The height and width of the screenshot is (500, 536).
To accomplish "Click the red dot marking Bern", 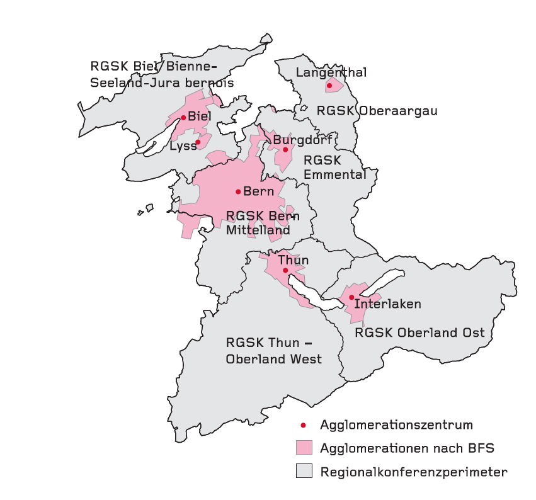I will click(238, 191).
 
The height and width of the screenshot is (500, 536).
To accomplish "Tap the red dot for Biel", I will click(183, 117).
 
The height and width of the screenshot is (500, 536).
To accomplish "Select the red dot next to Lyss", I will click(198, 142).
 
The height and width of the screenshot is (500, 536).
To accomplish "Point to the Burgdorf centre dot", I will click(285, 149).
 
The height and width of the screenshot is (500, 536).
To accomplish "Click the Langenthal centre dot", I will click(329, 86).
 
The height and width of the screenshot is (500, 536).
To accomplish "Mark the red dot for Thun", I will click(285, 270).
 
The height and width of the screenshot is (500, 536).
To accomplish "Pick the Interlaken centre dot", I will click(351, 297).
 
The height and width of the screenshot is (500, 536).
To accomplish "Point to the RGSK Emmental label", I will click(334, 168).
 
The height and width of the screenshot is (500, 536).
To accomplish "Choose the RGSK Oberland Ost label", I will click(420, 332).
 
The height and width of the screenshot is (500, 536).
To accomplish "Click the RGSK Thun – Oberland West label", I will click(273, 351).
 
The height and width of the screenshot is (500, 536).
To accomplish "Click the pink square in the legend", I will click(304, 448).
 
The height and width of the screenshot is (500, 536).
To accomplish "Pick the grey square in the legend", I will click(304, 471).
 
